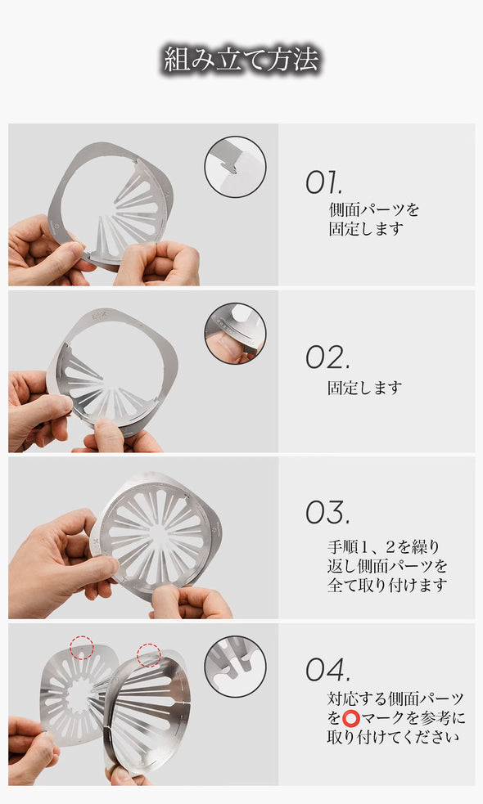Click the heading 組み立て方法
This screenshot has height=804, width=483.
point(241,59)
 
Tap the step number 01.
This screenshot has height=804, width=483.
point(323,182)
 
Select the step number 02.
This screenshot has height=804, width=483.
point(327,357)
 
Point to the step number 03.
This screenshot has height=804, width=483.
point(327,512)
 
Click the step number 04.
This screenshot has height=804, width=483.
point(328,668)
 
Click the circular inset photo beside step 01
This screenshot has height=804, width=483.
point(235,167)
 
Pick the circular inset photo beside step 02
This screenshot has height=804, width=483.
point(235,333)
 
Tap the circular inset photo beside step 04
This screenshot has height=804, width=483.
point(235,667)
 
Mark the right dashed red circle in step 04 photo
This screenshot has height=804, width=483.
point(149,655)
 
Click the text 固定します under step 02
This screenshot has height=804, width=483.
point(365,388)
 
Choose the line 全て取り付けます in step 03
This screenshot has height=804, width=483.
point(387,585)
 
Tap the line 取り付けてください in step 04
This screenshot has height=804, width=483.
point(393,738)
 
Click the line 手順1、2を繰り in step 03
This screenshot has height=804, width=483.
point(384,547)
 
